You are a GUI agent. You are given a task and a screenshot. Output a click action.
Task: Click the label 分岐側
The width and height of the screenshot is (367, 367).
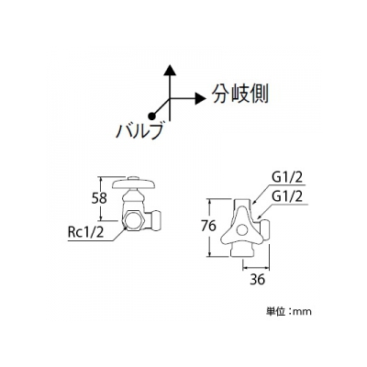coord(240,94)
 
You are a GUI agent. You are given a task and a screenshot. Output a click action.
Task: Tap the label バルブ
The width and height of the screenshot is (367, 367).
coord(139,132)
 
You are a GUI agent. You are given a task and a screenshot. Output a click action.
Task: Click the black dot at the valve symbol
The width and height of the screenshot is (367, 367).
coord(150,116)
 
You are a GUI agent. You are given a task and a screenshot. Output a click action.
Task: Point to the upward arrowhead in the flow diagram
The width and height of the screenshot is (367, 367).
coord(170,70)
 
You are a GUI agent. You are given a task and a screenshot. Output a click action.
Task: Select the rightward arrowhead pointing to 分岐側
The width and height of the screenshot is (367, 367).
coord(200,98)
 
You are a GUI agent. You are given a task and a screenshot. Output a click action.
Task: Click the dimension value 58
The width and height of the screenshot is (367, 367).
coord(99,198)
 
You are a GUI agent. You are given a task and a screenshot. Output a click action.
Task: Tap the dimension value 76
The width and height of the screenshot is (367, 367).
coord(209,226)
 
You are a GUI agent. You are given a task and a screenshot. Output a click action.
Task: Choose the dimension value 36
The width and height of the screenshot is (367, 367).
coord(257,280)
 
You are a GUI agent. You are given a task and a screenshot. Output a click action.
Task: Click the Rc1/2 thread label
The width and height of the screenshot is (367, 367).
coord(86,233)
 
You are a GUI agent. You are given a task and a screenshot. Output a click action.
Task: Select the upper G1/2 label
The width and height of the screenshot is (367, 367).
coord(286,178)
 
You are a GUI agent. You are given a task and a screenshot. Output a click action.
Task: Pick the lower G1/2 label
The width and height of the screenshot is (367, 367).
coord(286,196)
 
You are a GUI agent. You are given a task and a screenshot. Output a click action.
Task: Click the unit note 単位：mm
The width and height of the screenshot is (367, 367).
coord(288,312)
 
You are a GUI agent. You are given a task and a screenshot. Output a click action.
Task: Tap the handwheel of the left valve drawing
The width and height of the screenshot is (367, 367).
coord(134,183)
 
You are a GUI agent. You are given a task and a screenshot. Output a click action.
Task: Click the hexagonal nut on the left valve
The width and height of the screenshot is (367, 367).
coord(134,220)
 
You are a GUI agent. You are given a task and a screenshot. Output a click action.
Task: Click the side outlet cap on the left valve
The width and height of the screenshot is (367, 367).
coord(154,220)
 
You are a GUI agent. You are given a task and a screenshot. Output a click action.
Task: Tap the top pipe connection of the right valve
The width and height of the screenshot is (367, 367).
coord(243,204)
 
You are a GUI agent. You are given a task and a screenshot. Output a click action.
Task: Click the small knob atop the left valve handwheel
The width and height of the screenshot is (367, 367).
coord(134,178)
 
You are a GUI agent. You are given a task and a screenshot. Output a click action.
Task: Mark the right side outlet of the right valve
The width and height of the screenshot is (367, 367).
coord(264,229)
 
